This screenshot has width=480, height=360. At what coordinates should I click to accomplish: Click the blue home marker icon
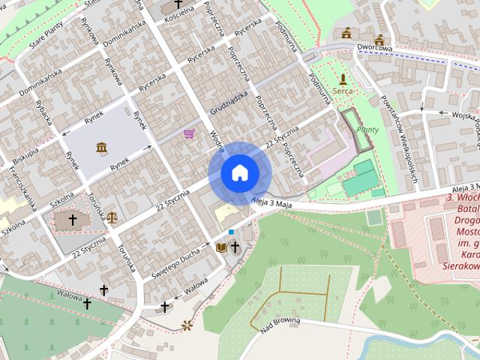239,173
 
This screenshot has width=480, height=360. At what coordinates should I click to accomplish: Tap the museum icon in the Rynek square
102,147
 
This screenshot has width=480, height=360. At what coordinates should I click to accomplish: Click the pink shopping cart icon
189,133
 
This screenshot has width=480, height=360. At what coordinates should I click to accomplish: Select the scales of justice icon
112,217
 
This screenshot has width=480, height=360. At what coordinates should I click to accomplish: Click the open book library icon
221,247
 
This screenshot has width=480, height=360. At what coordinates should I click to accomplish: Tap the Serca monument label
343,90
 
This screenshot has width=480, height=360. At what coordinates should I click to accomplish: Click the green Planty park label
367,129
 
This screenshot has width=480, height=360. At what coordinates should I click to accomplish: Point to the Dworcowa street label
375,49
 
